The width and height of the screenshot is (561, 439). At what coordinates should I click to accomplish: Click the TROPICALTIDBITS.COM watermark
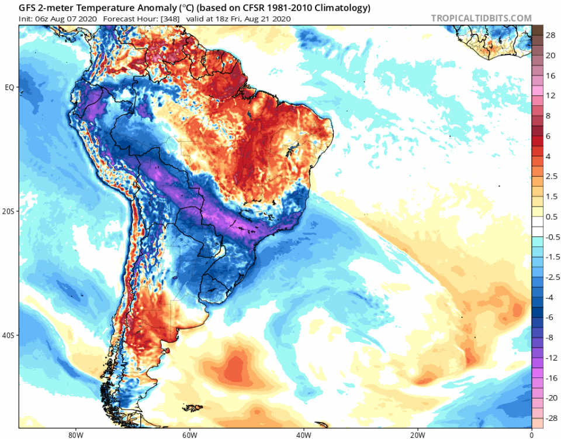[x=481, y=18]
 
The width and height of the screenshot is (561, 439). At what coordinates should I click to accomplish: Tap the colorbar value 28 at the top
[x=550, y=35]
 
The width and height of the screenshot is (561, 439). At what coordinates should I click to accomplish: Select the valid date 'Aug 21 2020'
[x=266, y=19]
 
